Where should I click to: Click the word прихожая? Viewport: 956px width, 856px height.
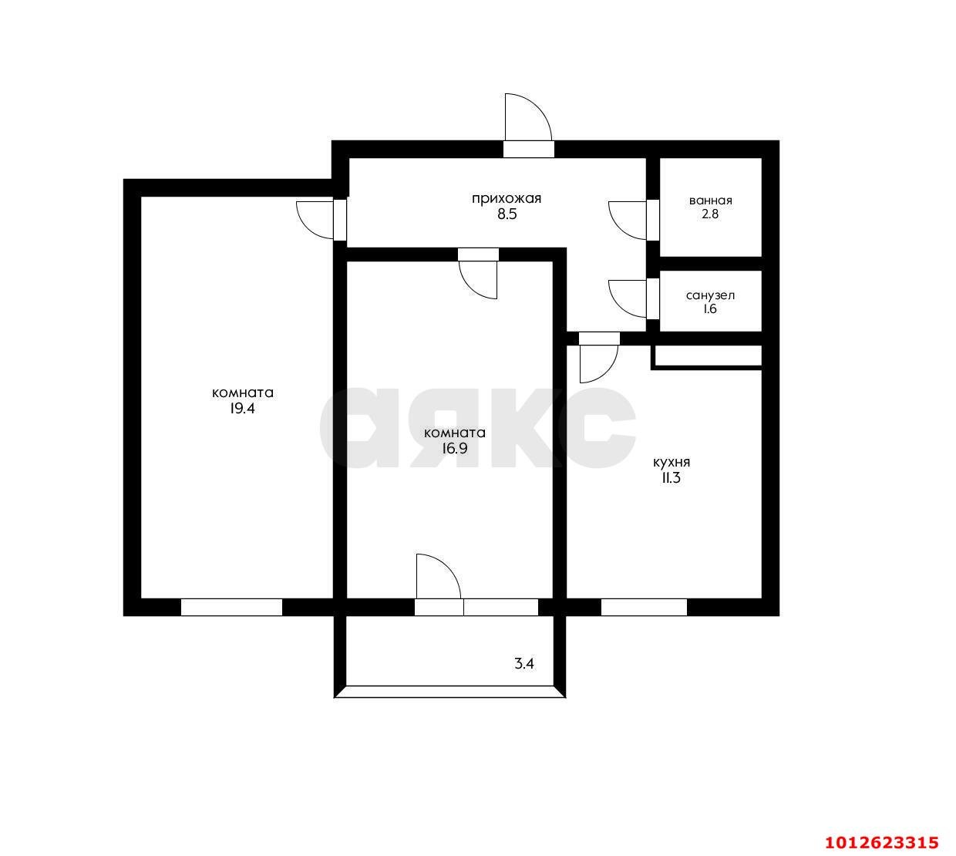tap(506, 198)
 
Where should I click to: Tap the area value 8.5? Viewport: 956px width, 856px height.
tap(506, 215)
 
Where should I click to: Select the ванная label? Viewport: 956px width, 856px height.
tap(710, 201)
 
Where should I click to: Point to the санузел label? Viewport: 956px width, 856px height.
tap(710, 295)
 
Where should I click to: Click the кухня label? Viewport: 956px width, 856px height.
tap(671, 462)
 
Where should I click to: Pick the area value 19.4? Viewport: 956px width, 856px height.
tap(241, 409)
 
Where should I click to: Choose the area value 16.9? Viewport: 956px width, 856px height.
tap(454, 448)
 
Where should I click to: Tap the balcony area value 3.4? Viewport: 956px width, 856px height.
tap(524, 662)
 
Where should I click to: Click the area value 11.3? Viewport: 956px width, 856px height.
tap(671, 478)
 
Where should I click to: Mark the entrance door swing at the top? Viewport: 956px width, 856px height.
tap(526, 120)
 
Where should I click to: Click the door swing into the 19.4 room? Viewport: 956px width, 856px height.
tap(316, 219)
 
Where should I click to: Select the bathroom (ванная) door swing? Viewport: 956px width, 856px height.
tap(628, 220)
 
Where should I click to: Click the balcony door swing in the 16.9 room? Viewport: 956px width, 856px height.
tap(437, 576)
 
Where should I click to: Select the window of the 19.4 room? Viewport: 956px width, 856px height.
tap(231, 607)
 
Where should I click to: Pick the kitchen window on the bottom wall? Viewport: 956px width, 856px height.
tap(644, 607)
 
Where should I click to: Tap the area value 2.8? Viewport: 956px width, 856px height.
tap(710, 215)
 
